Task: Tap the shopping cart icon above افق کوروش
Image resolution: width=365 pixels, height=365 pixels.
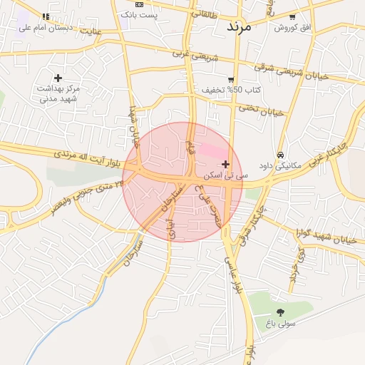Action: tap(292, 16)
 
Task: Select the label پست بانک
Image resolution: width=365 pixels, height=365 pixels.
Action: tap(139, 14)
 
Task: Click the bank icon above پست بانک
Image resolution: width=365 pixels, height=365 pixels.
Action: tap(139, 4)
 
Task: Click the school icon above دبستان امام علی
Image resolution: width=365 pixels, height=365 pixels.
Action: tap(46, 16)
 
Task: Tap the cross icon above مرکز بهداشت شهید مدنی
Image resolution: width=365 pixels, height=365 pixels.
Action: tap(58, 78)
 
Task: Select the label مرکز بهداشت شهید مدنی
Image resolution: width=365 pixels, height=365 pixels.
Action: tap(58, 93)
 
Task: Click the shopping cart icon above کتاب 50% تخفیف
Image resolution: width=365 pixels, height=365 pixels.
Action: tap(231, 80)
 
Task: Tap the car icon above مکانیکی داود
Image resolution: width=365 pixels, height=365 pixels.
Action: tap(281, 155)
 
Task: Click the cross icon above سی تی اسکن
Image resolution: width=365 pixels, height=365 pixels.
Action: tap(226, 165)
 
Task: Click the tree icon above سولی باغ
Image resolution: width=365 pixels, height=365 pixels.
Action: tap(279, 312)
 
